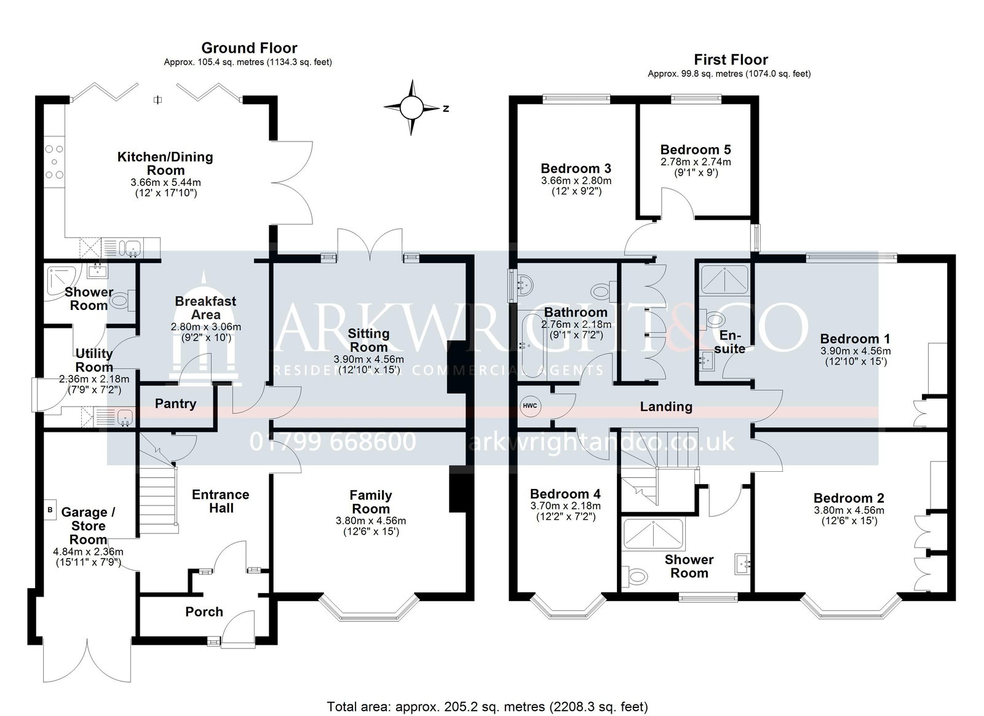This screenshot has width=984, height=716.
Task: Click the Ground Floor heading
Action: [x=249, y=48]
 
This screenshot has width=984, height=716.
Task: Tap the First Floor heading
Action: [x=731, y=59]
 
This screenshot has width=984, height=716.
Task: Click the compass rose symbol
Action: [x=411, y=107]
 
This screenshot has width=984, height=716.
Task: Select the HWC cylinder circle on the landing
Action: [x=530, y=405]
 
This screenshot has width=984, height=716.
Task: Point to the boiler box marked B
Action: [x=50, y=510]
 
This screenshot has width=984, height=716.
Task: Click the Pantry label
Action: [x=175, y=404]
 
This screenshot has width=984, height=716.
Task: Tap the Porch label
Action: [x=204, y=611]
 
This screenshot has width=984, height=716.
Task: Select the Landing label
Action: [x=666, y=407]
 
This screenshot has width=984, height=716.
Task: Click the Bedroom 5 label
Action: [x=696, y=149]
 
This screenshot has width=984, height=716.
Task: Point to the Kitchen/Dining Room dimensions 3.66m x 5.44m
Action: [x=165, y=182]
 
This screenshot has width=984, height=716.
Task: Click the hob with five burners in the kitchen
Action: [x=55, y=162]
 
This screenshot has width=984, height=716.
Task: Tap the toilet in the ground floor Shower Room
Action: [x=122, y=300]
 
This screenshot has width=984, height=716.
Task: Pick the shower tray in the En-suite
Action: [x=724, y=279]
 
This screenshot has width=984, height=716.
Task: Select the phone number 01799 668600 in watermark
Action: [x=333, y=442]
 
